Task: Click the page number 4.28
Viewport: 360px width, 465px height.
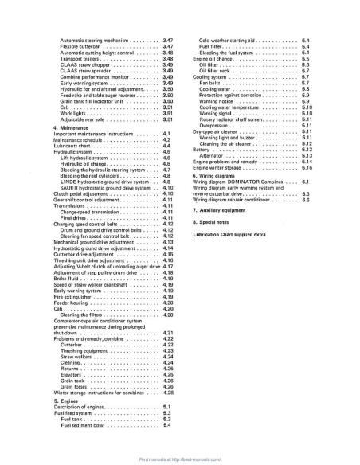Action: point(168,392)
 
